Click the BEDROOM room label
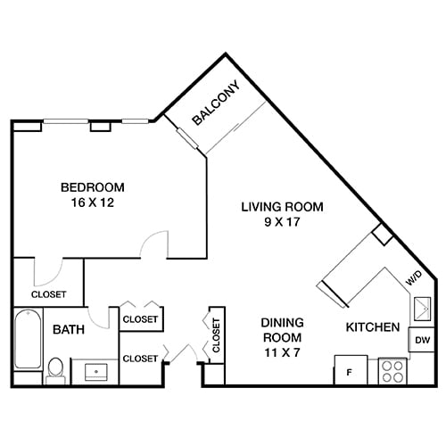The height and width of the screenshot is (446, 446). [x=92, y=187]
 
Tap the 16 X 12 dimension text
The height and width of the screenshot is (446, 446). [x=92, y=202]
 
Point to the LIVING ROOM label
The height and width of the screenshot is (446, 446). [x=282, y=207]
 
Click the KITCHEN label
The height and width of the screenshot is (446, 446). [x=372, y=328]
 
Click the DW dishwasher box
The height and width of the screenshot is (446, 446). [x=420, y=340]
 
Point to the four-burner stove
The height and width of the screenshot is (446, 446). [x=392, y=370]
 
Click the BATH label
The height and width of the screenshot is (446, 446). [x=68, y=330]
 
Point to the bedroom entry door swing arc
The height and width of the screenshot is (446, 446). [x=157, y=242]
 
